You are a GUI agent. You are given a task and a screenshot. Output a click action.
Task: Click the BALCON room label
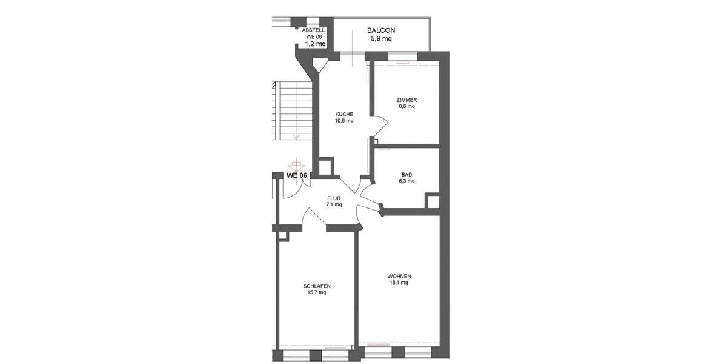(381, 30)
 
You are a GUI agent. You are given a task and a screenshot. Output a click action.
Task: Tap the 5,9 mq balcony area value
(381, 39)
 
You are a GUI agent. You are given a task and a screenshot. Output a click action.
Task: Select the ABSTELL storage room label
(314, 30)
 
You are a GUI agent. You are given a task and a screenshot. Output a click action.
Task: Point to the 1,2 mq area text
(315, 44)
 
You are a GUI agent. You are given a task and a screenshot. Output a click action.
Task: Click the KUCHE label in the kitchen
(344, 113)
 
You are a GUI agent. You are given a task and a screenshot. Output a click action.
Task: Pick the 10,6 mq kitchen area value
(344, 120)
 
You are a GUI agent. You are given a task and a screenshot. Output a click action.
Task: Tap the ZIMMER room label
(407, 99)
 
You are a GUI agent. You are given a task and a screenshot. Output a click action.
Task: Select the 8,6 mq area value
(407, 106)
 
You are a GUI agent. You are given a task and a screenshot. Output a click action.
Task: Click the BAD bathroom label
(407, 174)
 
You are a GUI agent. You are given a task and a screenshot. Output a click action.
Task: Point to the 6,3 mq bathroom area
(407, 181)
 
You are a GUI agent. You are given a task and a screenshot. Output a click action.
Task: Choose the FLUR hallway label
(334, 198)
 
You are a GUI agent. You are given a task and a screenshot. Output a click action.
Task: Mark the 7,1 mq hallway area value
(334, 204)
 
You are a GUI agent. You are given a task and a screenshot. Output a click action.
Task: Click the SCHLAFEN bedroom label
(317, 286)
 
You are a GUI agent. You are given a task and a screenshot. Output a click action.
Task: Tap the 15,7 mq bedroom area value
(317, 292)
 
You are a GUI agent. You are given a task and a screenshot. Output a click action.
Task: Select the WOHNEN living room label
(398, 275)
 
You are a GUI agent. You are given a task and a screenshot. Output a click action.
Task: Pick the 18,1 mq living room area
(398, 282)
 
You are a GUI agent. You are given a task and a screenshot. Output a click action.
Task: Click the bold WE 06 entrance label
(297, 175)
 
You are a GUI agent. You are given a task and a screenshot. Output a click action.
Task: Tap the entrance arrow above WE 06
(296, 164)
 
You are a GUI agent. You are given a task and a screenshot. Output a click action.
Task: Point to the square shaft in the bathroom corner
(433, 201)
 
